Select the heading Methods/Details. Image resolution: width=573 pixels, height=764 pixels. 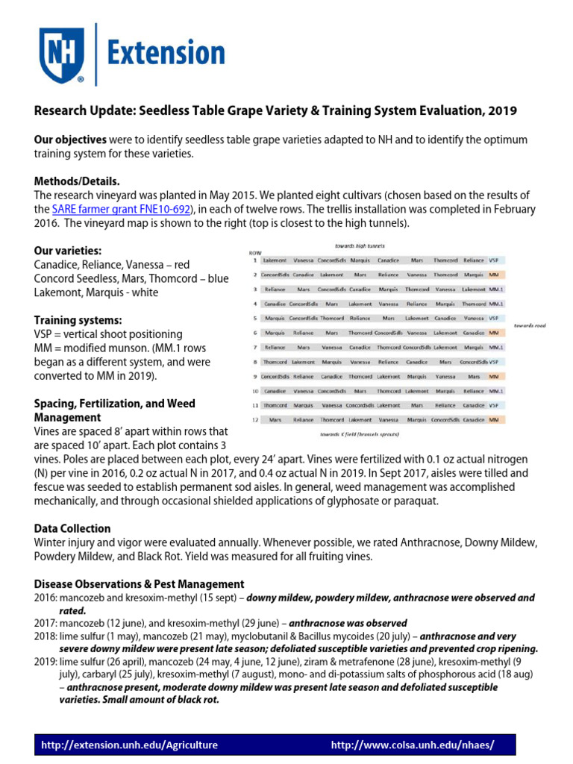[77, 181]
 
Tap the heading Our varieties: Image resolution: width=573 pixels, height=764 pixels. [68, 251]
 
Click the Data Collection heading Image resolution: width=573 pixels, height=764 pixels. [72, 528]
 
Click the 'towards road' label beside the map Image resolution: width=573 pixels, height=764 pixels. [530, 326]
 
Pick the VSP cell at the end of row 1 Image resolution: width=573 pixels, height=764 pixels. [494, 260]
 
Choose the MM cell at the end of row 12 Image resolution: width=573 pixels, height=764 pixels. [493, 420]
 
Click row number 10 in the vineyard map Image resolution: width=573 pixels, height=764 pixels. [254, 391]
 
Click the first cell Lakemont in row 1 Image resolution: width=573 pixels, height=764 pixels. [275, 260]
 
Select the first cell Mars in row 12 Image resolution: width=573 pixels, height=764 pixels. [275, 420]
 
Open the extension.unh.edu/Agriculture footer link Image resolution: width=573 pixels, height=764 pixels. [130, 745]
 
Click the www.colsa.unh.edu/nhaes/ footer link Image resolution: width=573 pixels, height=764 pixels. [412, 745]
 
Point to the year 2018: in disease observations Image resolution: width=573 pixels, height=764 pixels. [48, 636]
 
